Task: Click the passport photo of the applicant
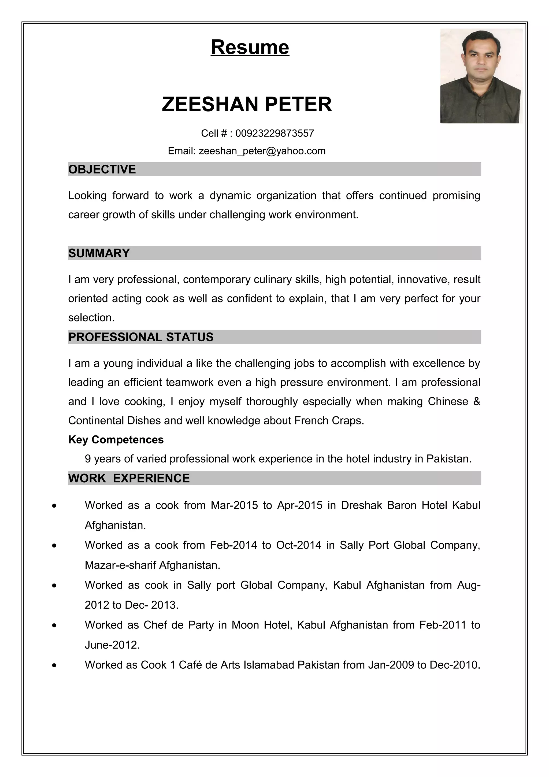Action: click(x=481, y=76)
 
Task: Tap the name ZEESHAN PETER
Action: click(x=247, y=104)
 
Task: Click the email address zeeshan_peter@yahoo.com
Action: click(x=262, y=151)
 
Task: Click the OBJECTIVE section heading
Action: click(x=102, y=169)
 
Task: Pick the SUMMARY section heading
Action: click(x=99, y=253)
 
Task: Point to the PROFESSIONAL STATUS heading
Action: click(x=141, y=337)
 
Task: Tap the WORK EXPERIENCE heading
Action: click(x=129, y=478)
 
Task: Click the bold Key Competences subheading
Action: click(x=116, y=440)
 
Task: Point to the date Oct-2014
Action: click(x=298, y=545)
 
